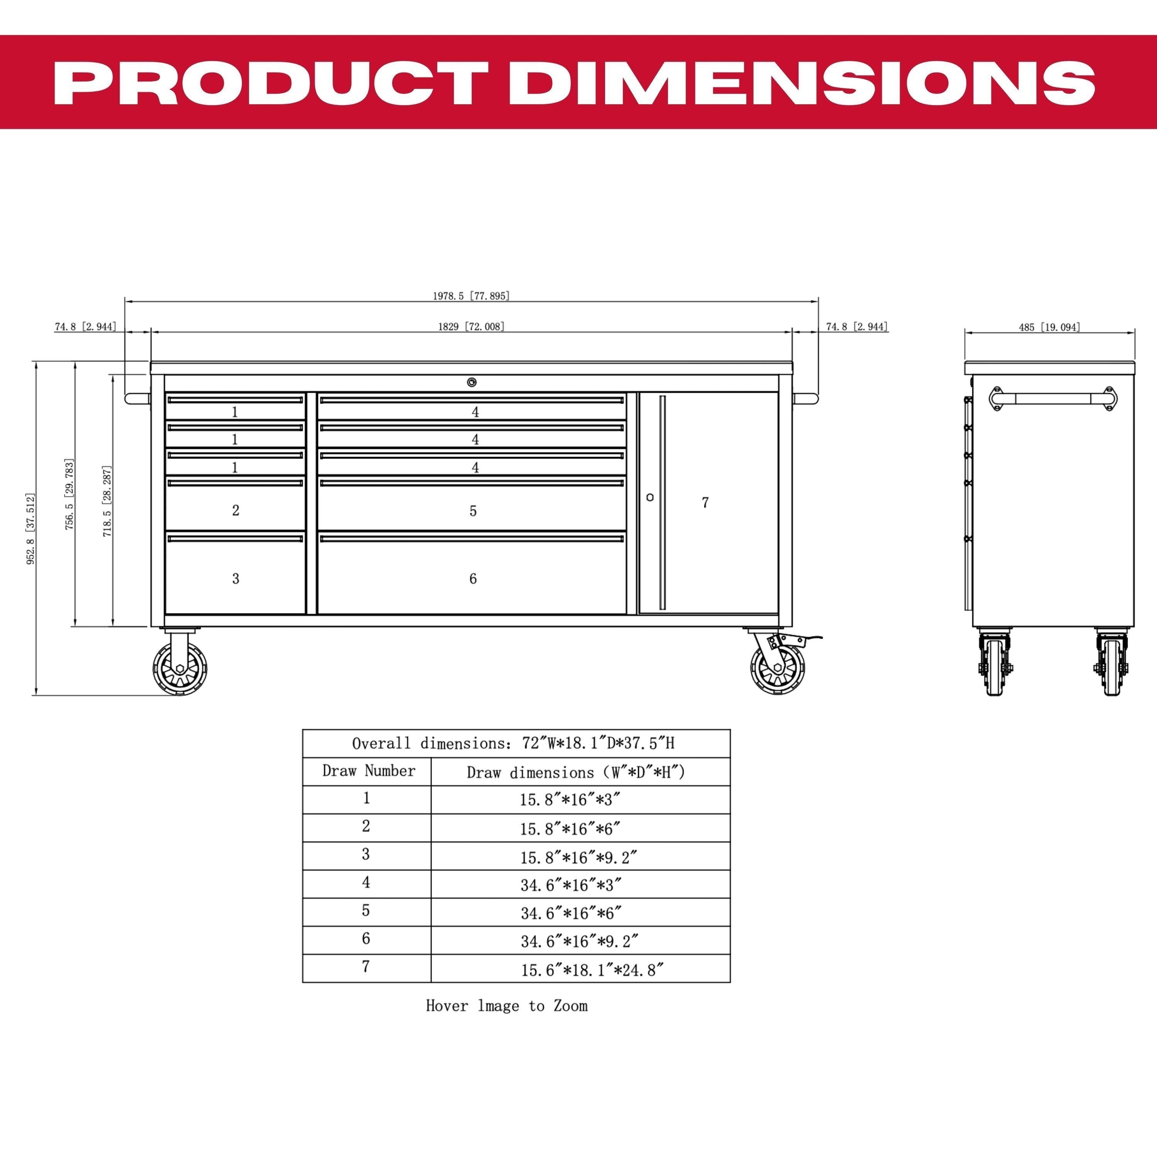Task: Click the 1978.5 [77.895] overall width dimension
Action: point(471,296)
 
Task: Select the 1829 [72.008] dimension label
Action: point(471,326)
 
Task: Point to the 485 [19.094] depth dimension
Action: point(1049,327)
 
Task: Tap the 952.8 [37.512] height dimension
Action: point(30,528)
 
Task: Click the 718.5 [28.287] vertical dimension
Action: point(107,501)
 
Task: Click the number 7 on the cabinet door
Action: point(705,503)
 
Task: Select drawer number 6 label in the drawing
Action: point(473,578)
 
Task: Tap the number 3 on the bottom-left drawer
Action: point(236,578)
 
